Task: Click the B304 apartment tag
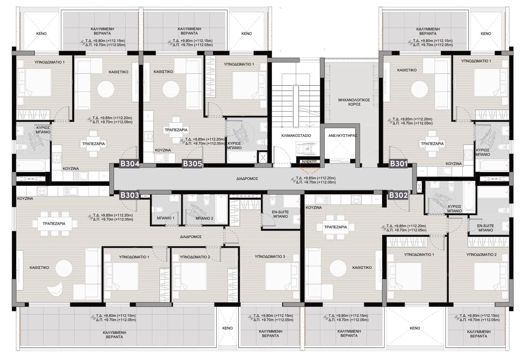click(x=129, y=164)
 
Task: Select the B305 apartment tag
click(x=192, y=164)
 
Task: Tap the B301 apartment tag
click(x=398, y=164)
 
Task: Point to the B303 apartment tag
click(x=129, y=195)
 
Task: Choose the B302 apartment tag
click(x=398, y=195)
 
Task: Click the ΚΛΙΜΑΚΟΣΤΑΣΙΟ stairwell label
click(x=296, y=136)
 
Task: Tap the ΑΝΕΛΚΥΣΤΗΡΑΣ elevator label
click(x=343, y=136)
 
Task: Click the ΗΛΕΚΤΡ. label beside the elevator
click(x=310, y=162)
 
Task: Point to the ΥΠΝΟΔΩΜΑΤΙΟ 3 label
click(x=270, y=257)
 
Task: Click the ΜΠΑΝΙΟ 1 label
click(x=165, y=218)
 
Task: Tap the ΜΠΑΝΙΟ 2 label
click(x=204, y=218)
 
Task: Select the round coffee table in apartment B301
click(x=420, y=89)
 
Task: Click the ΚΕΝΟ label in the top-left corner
click(x=41, y=34)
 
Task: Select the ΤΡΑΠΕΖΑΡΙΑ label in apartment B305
click(x=176, y=130)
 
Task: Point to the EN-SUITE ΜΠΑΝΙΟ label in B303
click(x=281, y=214)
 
